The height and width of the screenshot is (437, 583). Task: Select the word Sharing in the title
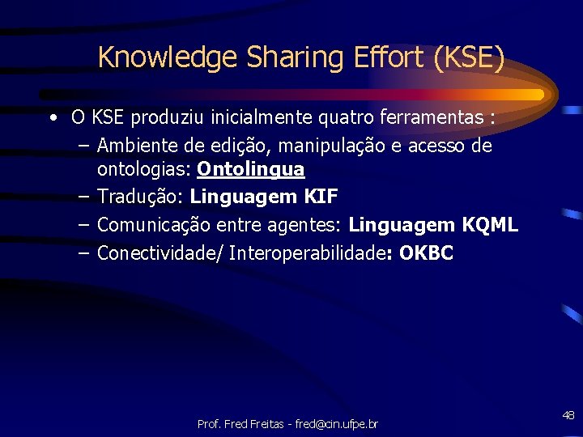[265, 58]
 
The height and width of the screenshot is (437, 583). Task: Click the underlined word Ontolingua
[251, 169]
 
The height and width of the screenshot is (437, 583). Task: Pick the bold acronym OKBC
[427, 253]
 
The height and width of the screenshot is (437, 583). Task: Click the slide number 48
[568, 415]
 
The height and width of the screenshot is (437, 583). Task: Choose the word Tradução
[140, 197]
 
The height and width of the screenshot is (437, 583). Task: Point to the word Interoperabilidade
[307, 253]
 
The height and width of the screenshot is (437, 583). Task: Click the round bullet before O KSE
[52, 118]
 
